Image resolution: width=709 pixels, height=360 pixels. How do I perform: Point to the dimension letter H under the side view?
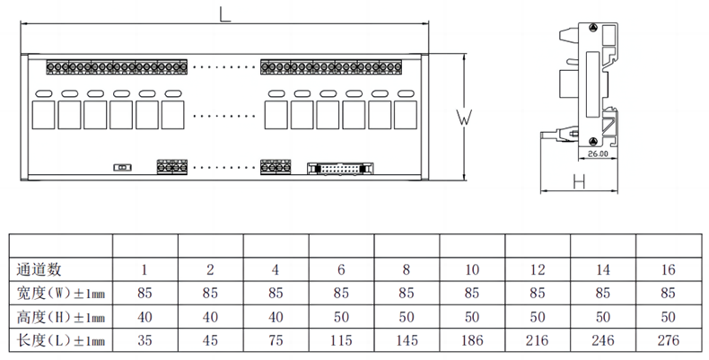click(578, 183)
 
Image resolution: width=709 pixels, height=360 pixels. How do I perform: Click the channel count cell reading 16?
click(669, 268)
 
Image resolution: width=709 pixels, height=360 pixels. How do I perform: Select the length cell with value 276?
click(669, 340)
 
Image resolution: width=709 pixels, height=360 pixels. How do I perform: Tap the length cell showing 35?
click(144, 340)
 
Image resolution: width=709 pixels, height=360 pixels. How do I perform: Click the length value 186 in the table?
click(472, 340)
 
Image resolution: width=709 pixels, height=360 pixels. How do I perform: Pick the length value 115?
click(341, 340)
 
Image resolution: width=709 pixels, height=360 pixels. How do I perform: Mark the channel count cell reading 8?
click(407, 268)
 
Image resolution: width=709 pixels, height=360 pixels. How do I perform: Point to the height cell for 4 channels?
click(276, 317)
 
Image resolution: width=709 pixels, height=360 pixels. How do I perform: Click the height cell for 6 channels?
click(341, 317)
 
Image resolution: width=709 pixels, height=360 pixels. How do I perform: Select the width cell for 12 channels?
click(538, 293)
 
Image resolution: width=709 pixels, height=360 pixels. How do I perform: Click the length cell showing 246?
click(603, 340)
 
